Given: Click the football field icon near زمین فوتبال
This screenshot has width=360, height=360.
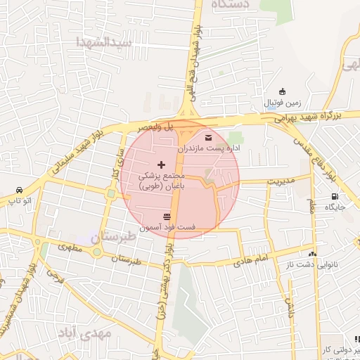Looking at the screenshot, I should [x=282, y=91].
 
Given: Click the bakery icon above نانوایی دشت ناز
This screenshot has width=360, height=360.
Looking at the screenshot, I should [x=312, y=253].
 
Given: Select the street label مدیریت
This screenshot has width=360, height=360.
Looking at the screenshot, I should [x=282, y=181].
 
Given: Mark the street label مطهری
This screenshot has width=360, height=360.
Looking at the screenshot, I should [x=69, y=247].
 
